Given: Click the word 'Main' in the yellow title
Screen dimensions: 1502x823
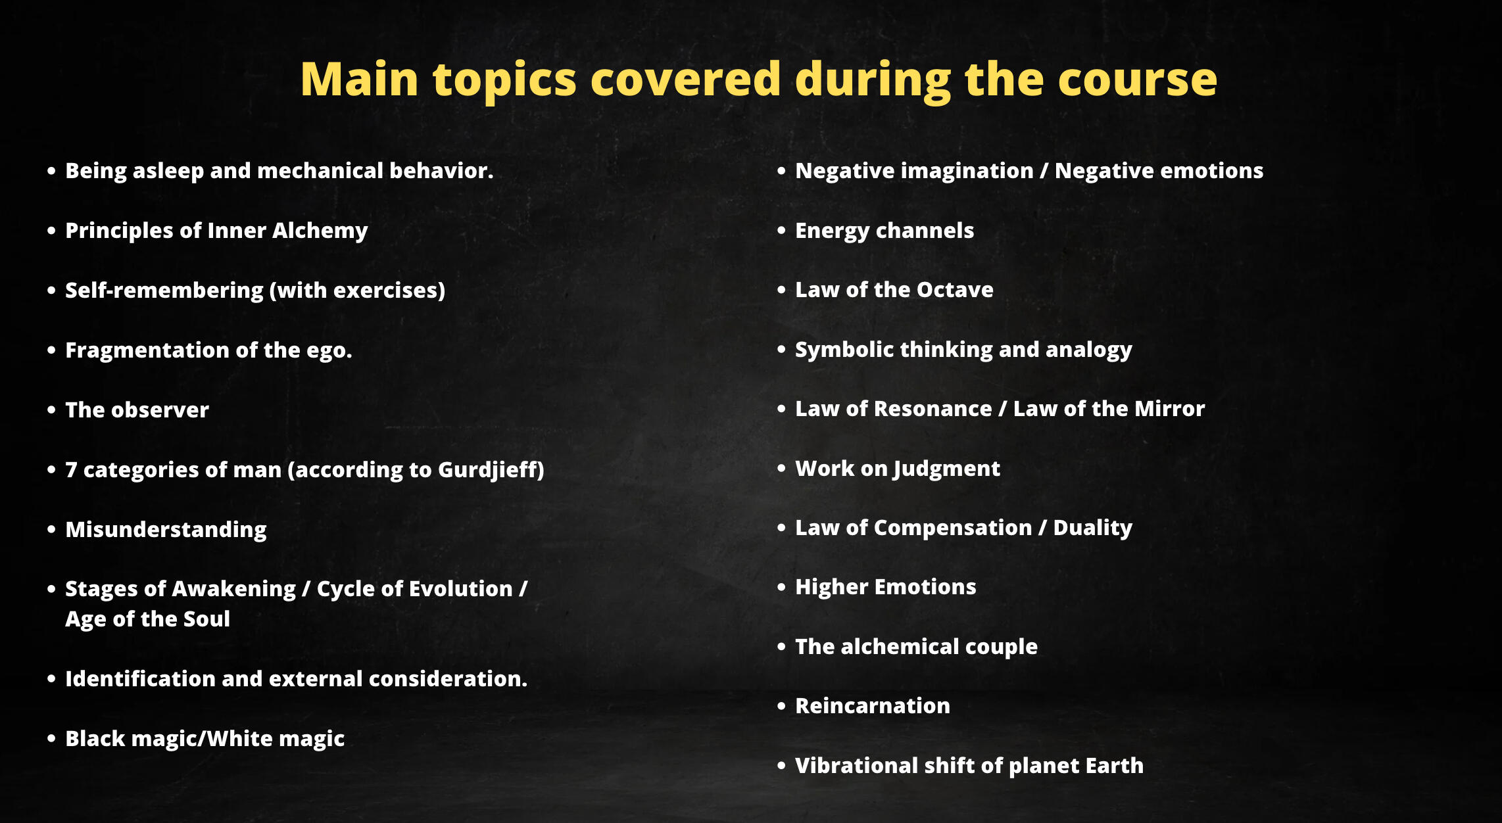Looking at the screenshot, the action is [360, 80].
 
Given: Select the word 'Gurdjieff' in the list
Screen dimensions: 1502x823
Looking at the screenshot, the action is [489, 470].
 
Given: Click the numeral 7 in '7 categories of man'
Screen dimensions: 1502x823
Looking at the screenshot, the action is [71, 470].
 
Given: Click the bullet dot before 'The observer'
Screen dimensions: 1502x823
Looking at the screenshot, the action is [51, 410].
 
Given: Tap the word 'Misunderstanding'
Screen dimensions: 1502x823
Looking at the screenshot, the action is [166, 530].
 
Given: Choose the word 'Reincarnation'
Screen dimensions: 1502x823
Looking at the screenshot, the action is [873, 706].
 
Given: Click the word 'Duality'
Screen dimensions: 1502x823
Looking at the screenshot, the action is [1092, 528].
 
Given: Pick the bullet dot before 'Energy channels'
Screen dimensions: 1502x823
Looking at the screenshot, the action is [781, 231].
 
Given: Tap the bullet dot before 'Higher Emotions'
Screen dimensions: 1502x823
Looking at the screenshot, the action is [781, 587].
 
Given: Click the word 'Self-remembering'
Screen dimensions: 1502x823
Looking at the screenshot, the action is [164, 291].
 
